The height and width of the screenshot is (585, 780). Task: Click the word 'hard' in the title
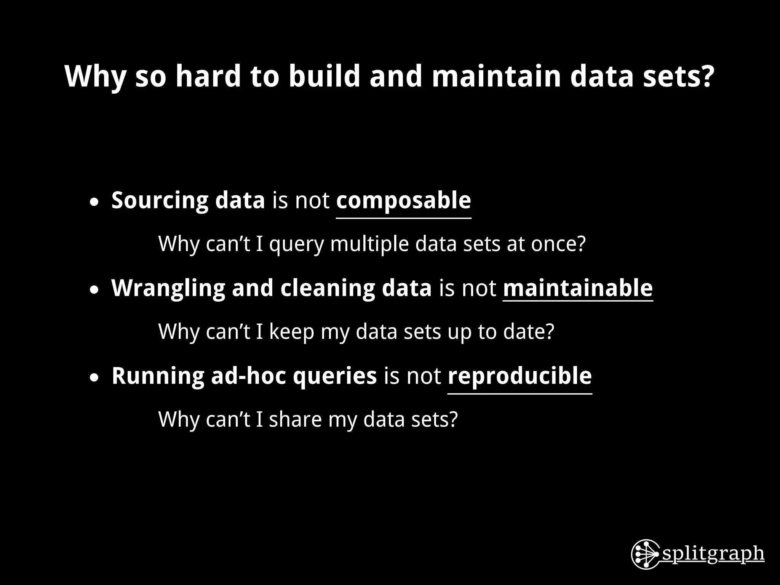click(x=208, y=76)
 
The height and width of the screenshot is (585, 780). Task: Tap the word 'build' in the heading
click(x=324, y=76)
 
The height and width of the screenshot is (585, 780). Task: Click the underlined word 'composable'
click(x=403, y=200)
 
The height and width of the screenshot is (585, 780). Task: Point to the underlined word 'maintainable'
click(x=577, y=288)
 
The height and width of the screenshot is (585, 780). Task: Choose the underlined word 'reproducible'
click(x=519, y=376)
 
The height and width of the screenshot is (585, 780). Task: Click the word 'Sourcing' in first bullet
click(x=160, y=200)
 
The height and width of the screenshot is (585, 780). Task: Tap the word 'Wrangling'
click(x=168, y=288)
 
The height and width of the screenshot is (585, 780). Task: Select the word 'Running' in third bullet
click(x=158, y=376)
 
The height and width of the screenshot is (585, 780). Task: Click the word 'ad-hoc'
click(x=248, y=376)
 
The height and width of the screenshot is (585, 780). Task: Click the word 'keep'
click(x=291, y=332)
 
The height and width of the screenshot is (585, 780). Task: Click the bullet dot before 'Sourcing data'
click(x=94, y=203)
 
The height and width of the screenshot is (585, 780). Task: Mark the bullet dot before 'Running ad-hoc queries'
click(x=94, y=378)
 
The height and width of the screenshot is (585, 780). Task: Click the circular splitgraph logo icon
click(x=645, y=554)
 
